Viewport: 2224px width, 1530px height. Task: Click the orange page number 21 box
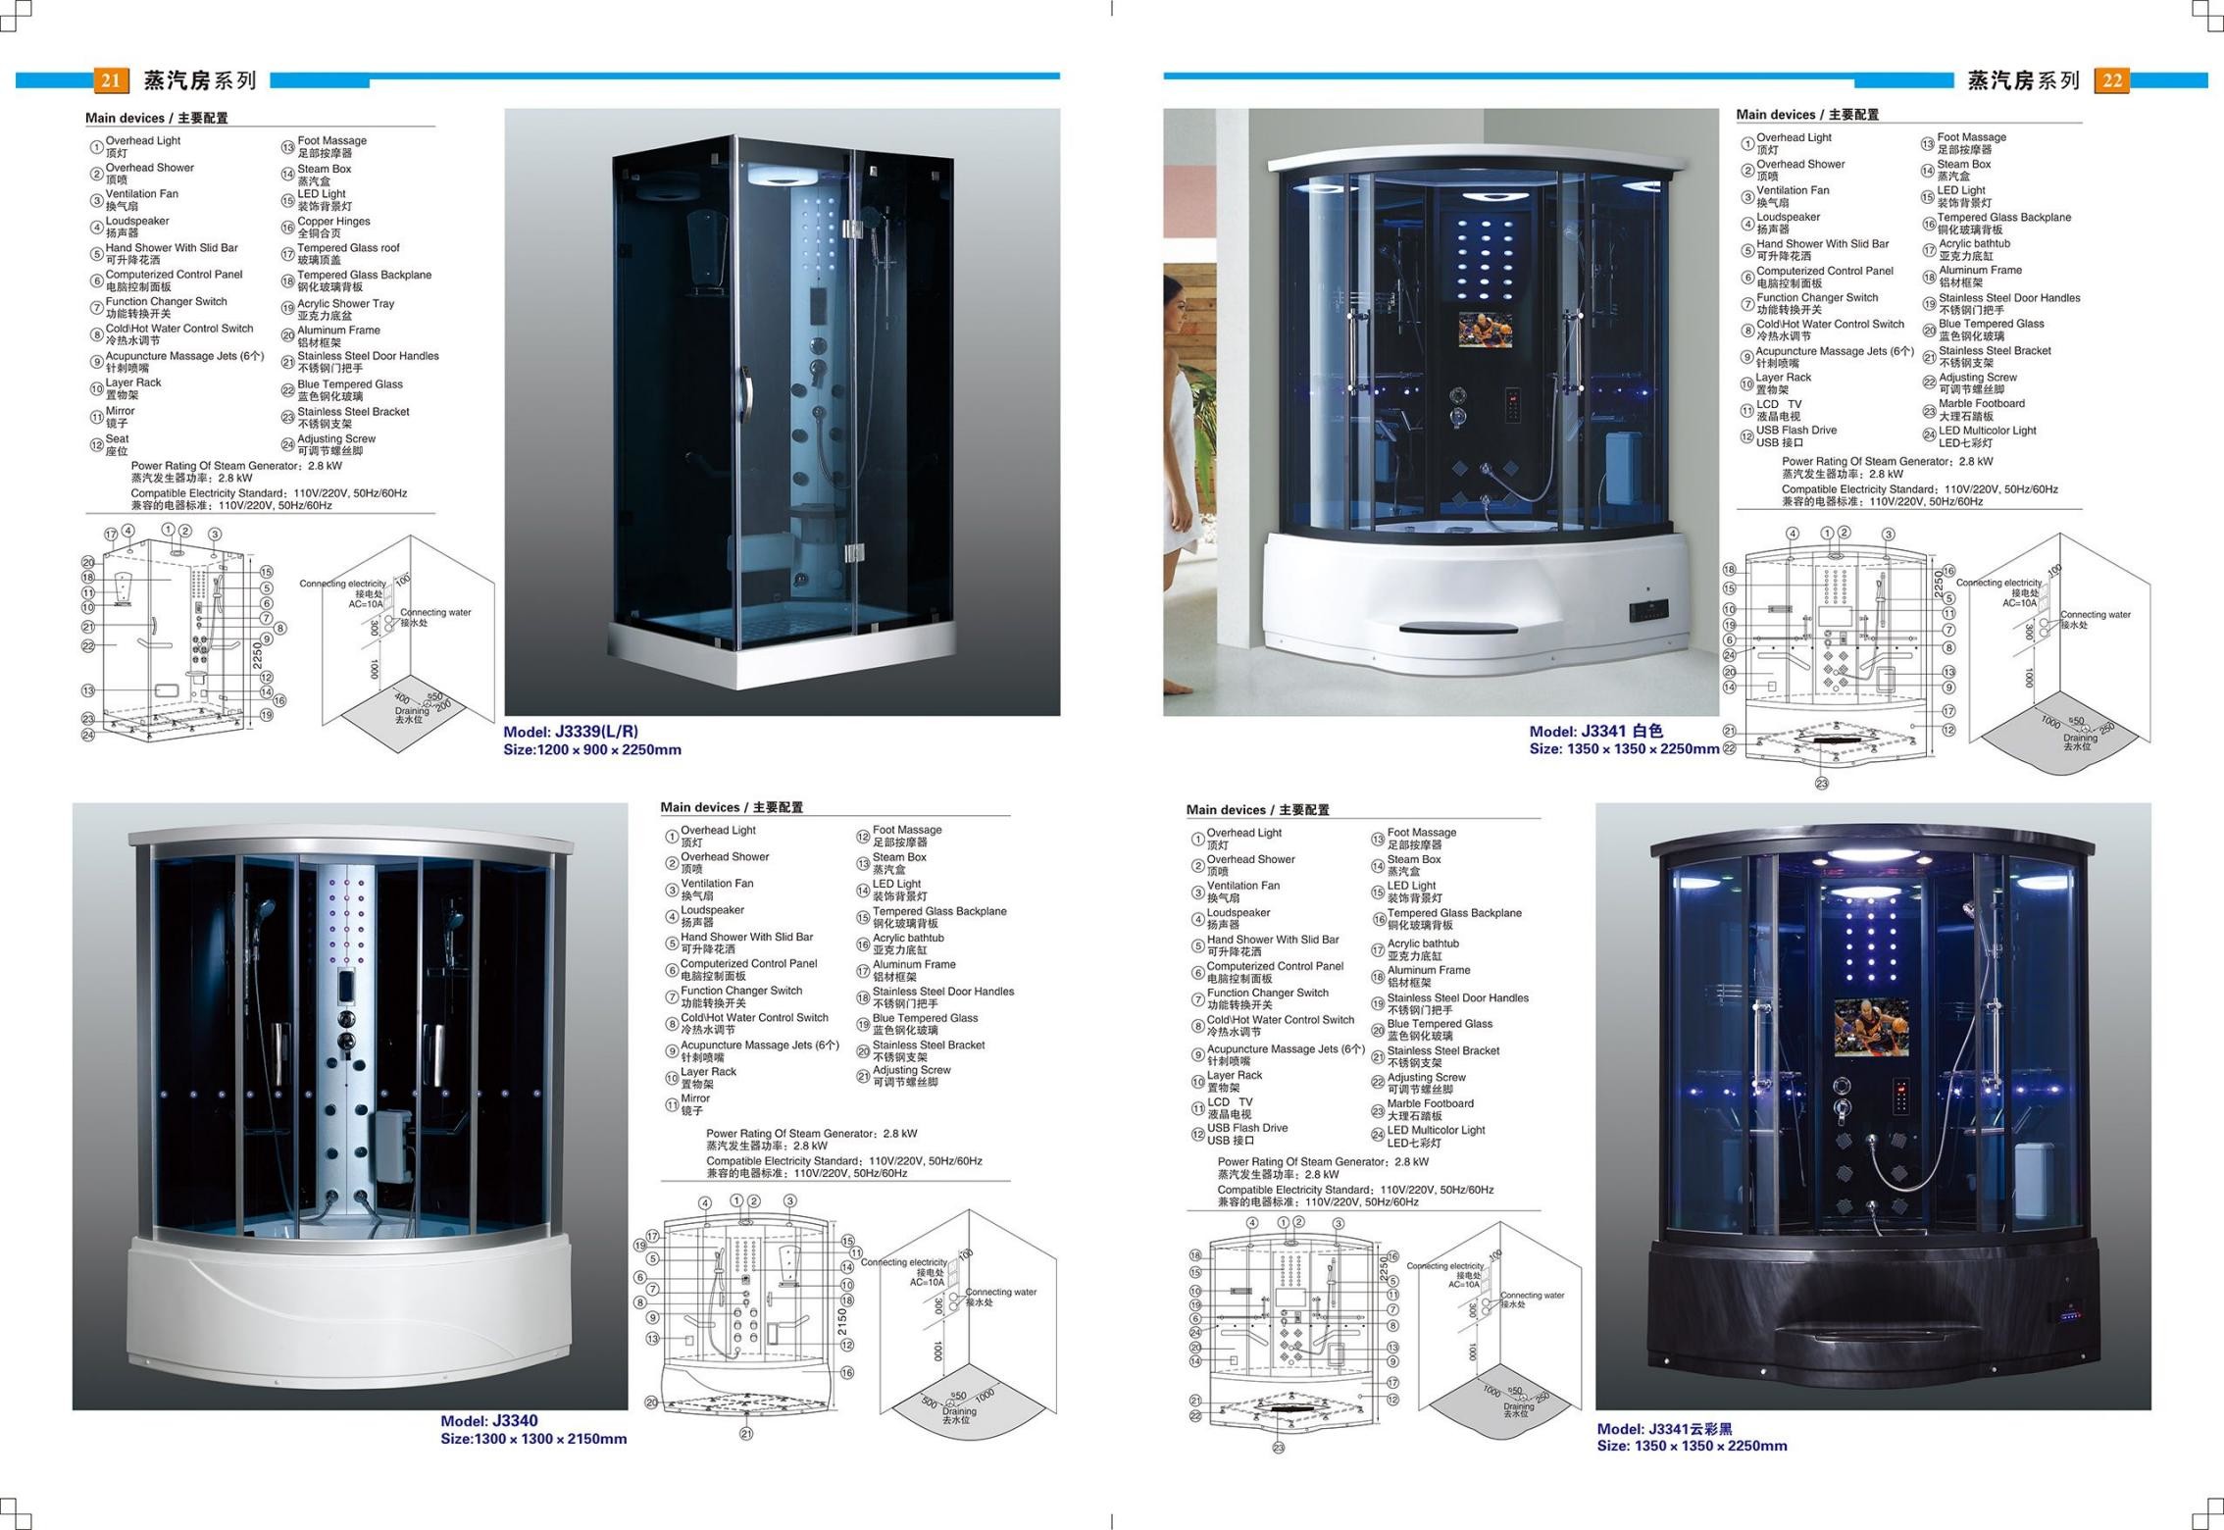[x=110, y=80]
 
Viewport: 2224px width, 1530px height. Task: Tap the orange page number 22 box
[x=2112, y=80]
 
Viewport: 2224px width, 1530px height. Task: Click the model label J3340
[x=489, y=1421]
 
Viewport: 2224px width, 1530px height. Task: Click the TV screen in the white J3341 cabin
[x=1485, y=330]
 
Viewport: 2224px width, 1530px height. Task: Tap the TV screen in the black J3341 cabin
[x=1871, y=1028]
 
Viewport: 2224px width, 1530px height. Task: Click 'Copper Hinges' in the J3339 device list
[x=333, y=222]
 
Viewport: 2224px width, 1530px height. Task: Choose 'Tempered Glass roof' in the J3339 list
[x=348, y=248]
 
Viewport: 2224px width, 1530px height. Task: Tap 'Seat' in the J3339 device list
[x=118, y=439]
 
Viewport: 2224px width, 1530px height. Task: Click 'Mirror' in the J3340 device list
[x=695, y=1098]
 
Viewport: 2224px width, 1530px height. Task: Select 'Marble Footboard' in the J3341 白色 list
[x=1981, y=404]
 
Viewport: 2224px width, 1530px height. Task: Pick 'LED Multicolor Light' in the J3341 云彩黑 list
[x=1436, y=1130]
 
